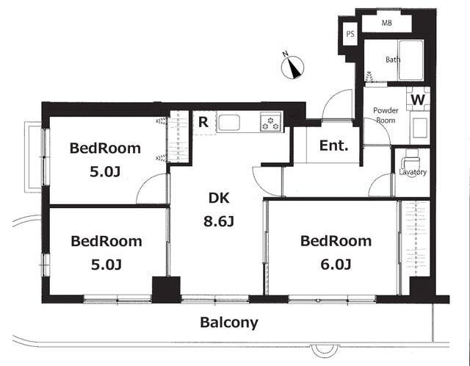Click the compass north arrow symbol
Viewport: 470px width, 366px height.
click(292, 67)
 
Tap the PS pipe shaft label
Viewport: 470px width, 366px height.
click(350, 34)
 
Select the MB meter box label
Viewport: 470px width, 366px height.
click(386, 23)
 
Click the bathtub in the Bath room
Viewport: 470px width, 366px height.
click(411, 60)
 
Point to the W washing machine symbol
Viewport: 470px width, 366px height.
click(418, 99)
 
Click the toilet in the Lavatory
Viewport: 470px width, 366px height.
click(411, 160)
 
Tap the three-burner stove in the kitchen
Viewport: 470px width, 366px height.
click(271, 121)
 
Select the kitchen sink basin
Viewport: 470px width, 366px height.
click(229, 123)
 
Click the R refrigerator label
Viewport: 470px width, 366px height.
click(203, 123)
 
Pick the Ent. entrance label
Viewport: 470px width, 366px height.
click(333, 146)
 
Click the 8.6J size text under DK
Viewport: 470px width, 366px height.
click(219, 221)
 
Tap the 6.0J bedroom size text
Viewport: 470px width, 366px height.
click(336, 265)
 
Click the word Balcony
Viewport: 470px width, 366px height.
click(229, 323)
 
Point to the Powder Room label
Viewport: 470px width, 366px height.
click(386, 115)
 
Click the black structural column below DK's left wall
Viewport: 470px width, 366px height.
click(167, 290)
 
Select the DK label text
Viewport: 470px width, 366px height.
click(219, 198)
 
